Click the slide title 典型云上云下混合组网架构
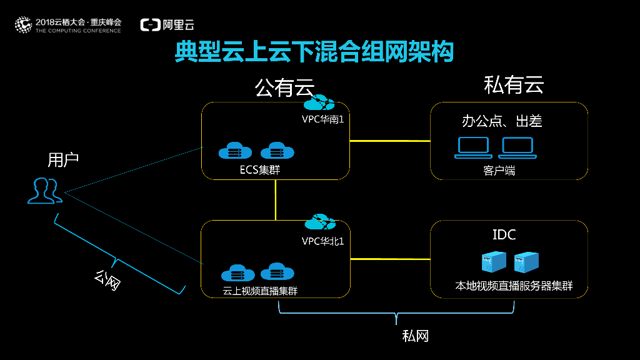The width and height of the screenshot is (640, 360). tap(314, 52)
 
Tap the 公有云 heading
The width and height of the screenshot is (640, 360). tap(284, 88)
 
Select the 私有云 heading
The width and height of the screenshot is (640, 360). tap(514, 85)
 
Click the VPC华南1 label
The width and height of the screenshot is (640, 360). tap(322, 119)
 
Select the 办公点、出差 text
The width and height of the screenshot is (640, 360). tap(502, 121)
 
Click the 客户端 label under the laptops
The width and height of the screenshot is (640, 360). tap(499, 170)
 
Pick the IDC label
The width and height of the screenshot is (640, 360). tap(504, 235)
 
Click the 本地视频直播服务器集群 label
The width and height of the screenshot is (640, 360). tap(514, 286)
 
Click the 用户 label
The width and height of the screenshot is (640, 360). tap(63, 160)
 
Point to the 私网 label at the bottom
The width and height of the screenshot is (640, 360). tap(416, 336)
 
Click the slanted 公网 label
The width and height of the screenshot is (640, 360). tap(107, 280)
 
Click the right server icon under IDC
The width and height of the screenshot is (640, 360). tap(526, 262)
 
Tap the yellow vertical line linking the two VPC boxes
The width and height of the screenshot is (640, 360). tap(276, 200)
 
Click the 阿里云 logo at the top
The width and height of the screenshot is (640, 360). tap(167, 25)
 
